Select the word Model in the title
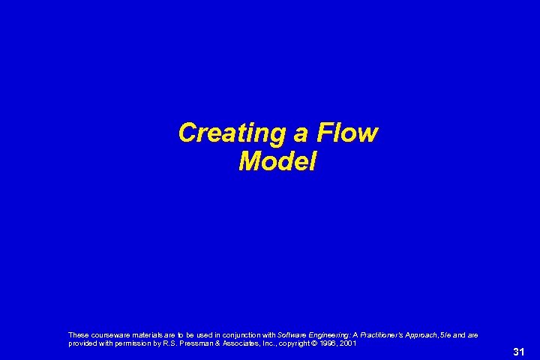pos(277,161)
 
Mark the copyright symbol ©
pos(318,343)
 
